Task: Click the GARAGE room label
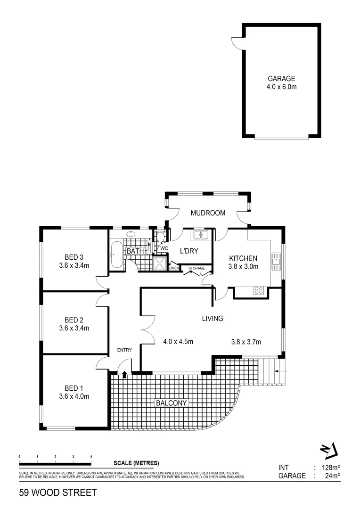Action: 281,79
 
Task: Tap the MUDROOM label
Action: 208,213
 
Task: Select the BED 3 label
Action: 74,257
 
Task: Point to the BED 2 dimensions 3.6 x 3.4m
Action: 77,328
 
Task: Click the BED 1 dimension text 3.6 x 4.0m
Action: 77,396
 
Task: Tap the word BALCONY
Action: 172,403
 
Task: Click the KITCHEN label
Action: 243,258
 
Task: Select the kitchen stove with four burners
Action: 259,290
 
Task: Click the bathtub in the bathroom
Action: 116,254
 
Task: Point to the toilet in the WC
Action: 160,237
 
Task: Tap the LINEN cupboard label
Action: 174,268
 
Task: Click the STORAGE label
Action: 196,268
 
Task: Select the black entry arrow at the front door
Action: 124,375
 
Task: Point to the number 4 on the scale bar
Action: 91,457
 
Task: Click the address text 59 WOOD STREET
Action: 58,493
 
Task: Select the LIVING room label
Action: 212,319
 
